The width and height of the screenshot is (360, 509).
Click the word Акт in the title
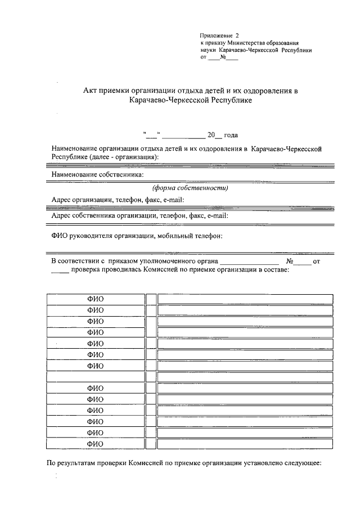pos(91,91)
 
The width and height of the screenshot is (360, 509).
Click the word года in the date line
pos(231,135)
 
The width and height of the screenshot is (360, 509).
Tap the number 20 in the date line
pos(211,135)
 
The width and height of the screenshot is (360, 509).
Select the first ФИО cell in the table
pos(95,299)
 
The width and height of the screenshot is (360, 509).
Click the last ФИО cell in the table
pos(95,443)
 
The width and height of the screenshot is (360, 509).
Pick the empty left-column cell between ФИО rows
pos(95,377)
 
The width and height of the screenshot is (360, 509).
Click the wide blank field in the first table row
pos(245,299)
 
